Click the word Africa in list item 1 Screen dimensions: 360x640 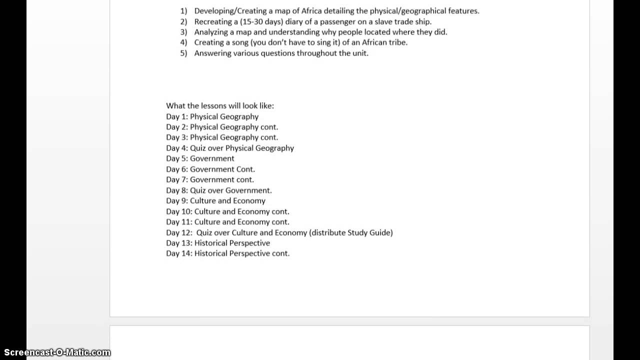click(x=312, y=10)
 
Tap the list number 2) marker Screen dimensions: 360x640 click(x=183, y=21)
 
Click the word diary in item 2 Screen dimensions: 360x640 click(x=294, y=21)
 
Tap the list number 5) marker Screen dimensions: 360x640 click(x=183, y=53)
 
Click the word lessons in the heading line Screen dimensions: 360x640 click(x=213, y=106)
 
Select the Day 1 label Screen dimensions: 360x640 click(x=176, y=116)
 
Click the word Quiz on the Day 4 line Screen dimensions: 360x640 click(x=198, y=148)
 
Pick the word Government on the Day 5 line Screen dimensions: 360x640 click(x=212, y=158)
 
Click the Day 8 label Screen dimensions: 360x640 click(x=176, y=190)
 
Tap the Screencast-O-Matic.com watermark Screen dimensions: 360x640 click(x=55, y=352)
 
